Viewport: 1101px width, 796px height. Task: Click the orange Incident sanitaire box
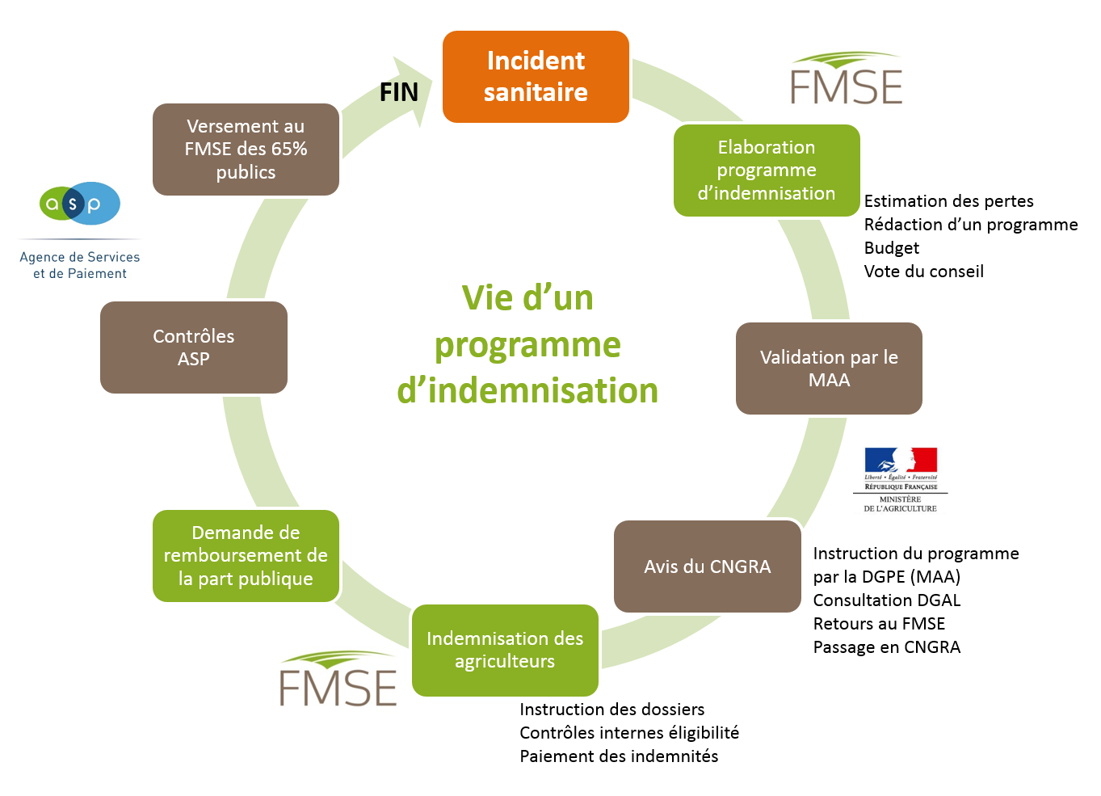pos(536,77)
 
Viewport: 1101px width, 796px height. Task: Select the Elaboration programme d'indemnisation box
pos(766,171)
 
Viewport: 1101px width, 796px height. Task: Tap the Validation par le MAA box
pos(829,369)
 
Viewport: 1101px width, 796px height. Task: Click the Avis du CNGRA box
pos(707,566)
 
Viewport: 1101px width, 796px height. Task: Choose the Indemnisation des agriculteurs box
pos(505,650)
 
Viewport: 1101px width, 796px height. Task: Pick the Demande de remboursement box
pos(246,556)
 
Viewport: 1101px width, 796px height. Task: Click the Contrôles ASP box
pos(194,347)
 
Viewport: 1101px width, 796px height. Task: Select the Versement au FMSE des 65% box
pos(246,150)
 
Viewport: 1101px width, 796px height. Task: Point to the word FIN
pos(399,93)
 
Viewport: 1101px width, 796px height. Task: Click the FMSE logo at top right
pos(846,79)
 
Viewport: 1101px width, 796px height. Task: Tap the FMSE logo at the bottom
pos(338,680)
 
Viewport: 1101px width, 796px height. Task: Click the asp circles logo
pos(79,204)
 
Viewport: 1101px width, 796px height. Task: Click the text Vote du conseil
pos(923,272)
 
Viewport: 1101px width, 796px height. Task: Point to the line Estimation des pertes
pos(948,201)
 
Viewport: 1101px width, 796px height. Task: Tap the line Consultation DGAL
pos(886,600)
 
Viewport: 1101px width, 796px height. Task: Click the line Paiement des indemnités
pos(619,756)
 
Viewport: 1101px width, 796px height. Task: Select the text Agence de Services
pos(79,257)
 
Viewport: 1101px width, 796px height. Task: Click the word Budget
pos(891,248)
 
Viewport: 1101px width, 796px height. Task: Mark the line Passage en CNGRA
pos(886,647)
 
